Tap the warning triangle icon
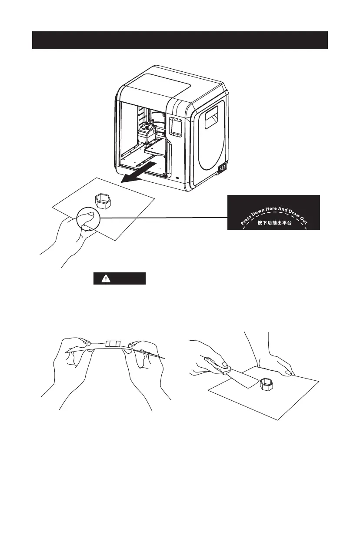pos(101,279)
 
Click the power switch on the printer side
pos(222,168)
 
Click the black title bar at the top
pos(180,40)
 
